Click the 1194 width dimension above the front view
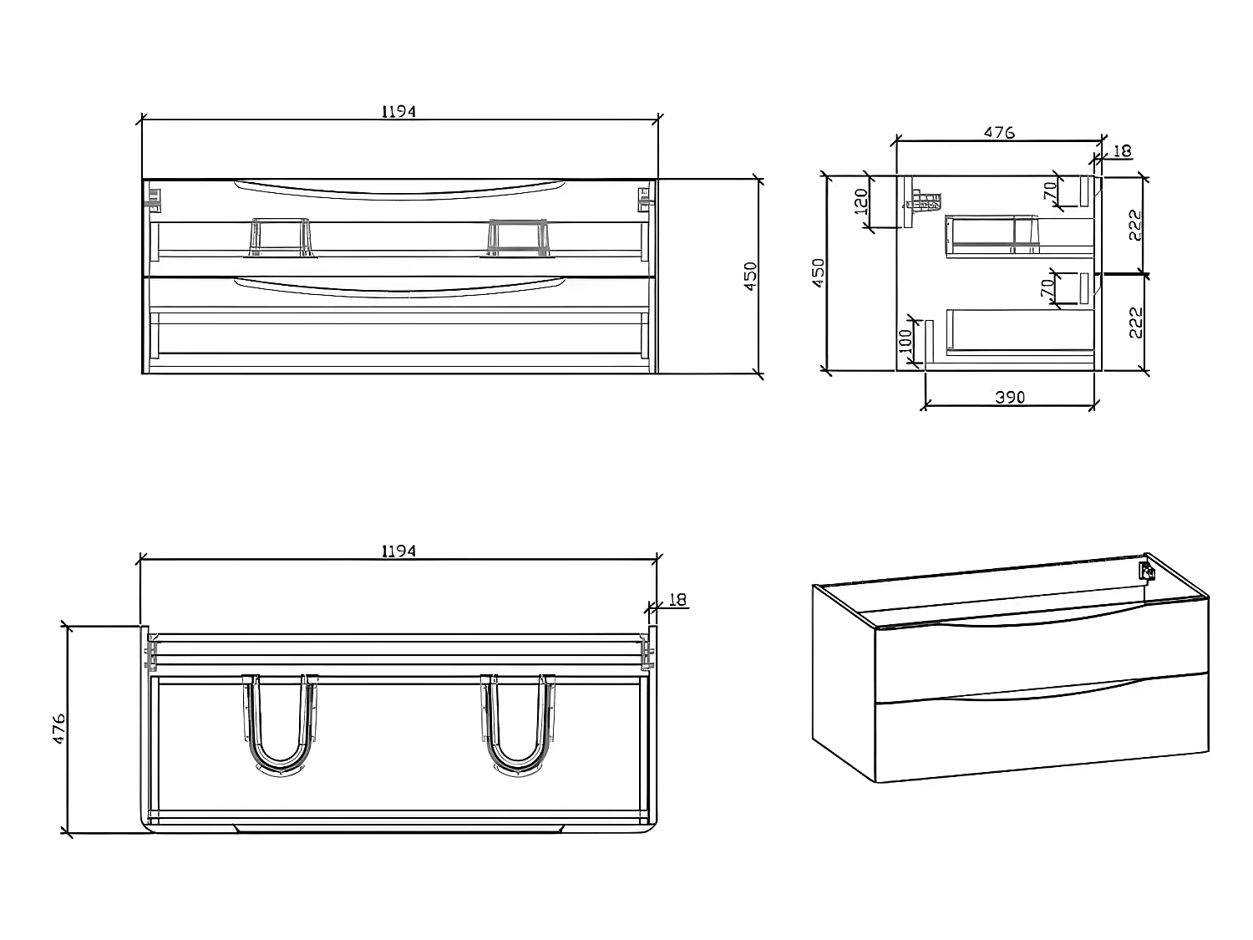point(398,111)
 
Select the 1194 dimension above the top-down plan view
point(398,551)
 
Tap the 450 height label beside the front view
point(750,276)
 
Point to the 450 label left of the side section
point(819,272)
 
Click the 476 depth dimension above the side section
point(998,132)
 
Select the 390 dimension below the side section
point(1009,397)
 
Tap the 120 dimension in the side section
point(861,201)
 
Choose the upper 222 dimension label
point(1135,225)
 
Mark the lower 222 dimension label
point(1135,322)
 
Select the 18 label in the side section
point(1123,151)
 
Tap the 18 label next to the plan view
point(677,599)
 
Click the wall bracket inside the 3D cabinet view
point(1147,572)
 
